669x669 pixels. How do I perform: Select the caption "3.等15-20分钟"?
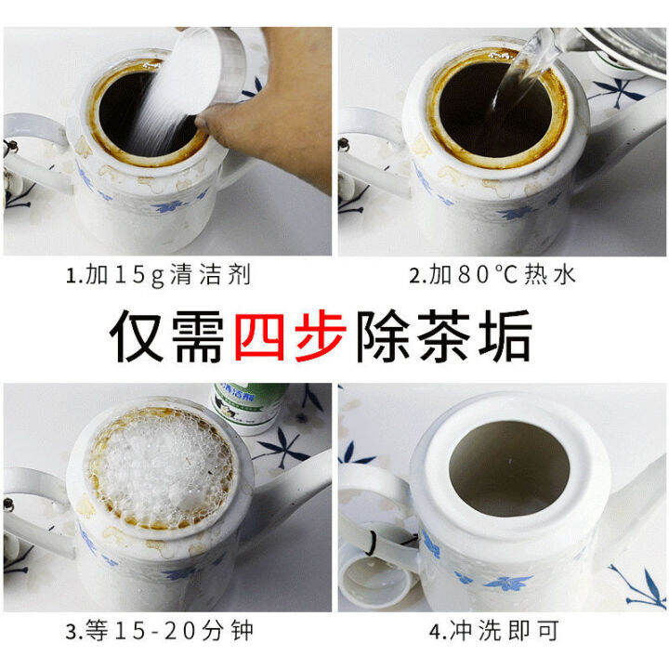coord(163,636)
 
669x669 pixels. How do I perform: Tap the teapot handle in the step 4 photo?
coord(367,520)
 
